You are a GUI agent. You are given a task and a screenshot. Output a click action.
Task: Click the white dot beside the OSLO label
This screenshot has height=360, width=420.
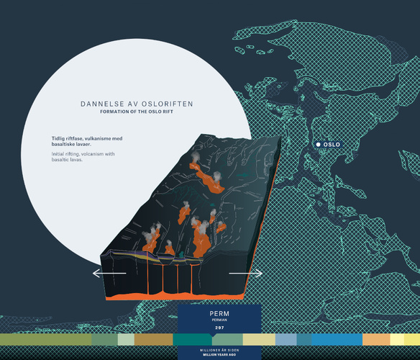click(318, 145)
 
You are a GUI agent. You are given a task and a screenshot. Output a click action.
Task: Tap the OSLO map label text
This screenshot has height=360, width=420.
click(332, 145)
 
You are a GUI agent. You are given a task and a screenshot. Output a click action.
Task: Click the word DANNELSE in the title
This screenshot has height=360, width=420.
click(102, 104)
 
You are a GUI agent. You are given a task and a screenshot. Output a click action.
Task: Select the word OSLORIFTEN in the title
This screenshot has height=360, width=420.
click(167, 104)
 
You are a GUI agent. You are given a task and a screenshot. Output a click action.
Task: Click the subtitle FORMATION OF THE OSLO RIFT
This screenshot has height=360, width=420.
click(137, 112)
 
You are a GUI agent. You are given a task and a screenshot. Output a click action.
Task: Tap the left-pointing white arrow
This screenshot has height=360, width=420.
click(109, 274)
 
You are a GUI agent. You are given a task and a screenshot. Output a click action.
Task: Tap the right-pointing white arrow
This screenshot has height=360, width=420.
click(246, 274)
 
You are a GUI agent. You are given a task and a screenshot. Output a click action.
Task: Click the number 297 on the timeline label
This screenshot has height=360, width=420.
click(219, 328)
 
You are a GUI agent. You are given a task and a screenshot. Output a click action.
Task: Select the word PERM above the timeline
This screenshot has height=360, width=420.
click(219, 314)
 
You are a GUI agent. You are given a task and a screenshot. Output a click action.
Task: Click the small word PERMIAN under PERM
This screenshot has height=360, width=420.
click(219, 320)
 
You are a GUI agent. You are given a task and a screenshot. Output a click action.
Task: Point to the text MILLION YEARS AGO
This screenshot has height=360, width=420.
click(219, 355)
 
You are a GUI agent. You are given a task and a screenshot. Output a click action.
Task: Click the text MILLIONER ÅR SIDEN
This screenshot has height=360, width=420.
click(219, 350)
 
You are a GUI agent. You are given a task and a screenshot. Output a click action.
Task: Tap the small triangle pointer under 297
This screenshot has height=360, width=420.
click(212, 335)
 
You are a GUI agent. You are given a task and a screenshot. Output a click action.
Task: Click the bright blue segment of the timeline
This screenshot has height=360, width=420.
click(337, 339)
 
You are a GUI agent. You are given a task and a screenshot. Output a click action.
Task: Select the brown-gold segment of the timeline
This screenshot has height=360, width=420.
click(153, 339)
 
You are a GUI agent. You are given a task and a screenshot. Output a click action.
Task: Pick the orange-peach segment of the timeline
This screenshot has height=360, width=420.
click(376, 339)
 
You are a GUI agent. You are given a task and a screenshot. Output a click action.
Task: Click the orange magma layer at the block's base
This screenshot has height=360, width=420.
click(175, 296)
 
